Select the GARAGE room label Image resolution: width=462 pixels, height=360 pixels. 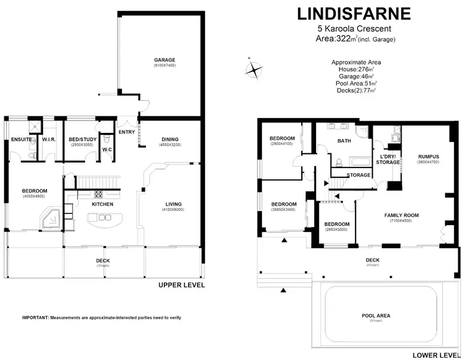pos(164,60)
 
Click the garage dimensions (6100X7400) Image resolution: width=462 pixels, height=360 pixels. pos(164,65)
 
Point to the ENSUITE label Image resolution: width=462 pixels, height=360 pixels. pos(20,140)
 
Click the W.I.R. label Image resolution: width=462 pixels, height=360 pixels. pos(49,140)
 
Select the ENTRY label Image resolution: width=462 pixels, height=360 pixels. pos(126,132)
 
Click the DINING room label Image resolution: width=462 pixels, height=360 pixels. pos(169,139)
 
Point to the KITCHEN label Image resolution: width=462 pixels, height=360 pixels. pos(102,203)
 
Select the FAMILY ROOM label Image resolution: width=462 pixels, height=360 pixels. pos(401,215)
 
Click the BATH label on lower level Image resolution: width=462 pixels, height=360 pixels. pos(343,141)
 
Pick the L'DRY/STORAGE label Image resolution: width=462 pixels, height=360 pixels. pos(388,159)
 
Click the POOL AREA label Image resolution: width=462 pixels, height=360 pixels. pos(376,316)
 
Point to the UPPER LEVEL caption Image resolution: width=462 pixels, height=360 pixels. pos(181,286)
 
